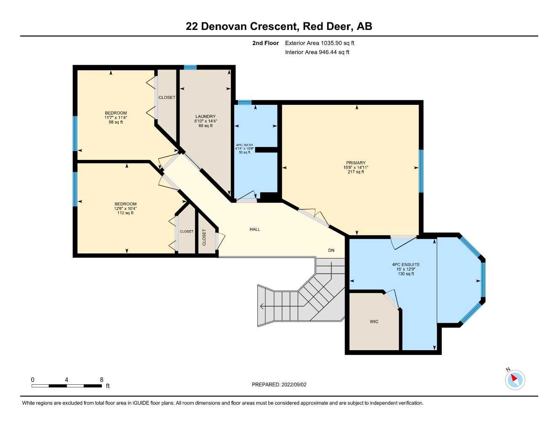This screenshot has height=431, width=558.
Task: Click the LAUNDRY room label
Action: pyautogui.click(x=206, y=117)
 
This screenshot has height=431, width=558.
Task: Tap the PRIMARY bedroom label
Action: pyautogui.click(x=356, y=163)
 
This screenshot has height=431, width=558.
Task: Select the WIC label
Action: pyautogui.click(x=374, y=322)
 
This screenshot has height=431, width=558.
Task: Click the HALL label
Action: pyautogui.click(x=255, y=229)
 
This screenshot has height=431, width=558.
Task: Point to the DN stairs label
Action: pyautogui.click(x=331, y=250)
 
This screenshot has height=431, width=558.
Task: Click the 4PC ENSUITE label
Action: pyautogui.click(x=406, y=265)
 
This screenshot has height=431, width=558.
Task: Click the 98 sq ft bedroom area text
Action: pyautogui.click(x=116, y=122)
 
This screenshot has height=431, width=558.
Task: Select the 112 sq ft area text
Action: pyautogui.click(x=125, y=213)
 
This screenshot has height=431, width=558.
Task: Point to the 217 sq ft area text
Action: pyautogui.click(x=356, y=172)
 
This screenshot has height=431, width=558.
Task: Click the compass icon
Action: pyautogui.click(x=515, y=380)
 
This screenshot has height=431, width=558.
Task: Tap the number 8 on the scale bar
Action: pyautogui.click(x=101, y=380)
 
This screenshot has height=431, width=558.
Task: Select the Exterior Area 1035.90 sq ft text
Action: pyautogui.click(x=320, y=43)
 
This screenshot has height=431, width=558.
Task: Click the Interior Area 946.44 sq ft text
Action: pyautogui.click(x=317, y=52)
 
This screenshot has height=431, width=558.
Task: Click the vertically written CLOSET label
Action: pyautogui.click(x=204, y=237)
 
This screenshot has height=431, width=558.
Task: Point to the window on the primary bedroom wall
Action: pyautogui.click(x=421, y=171)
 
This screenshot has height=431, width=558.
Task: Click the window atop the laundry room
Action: pyautogui.click(x=190, y=67)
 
